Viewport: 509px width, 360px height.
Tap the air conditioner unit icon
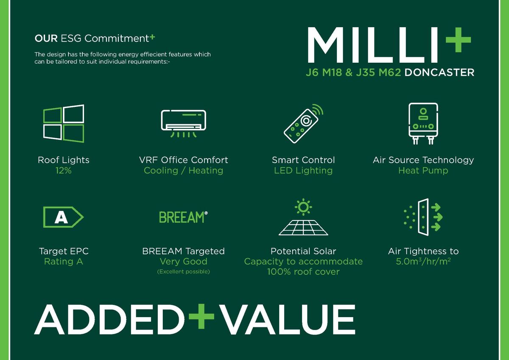(183, 123)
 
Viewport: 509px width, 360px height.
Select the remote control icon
(303, 123)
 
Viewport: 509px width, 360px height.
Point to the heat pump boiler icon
(423, 123)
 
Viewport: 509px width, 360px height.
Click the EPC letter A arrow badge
(63, 217)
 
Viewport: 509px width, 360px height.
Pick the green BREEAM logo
(183, 217)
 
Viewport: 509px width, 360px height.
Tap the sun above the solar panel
(303, 207)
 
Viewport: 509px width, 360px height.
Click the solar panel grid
(303, 228)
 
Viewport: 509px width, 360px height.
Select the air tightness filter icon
(423, 217)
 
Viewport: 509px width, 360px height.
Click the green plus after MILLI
(458, 40)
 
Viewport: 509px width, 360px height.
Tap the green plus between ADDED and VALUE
(201, 316)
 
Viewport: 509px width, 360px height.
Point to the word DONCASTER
(439, 73)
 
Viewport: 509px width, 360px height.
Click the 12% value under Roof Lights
(63, 170)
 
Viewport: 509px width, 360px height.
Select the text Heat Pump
(423, 170)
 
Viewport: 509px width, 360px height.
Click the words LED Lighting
(303, 170)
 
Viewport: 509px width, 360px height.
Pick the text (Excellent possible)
(183, 271)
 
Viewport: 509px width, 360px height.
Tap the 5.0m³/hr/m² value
(423, 262)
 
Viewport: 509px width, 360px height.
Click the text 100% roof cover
(303, 272)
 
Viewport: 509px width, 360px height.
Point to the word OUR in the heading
(46, 39)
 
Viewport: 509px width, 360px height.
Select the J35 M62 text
(378, 73)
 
